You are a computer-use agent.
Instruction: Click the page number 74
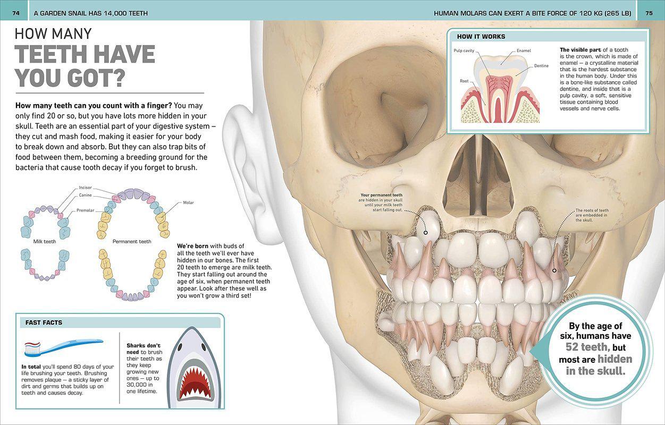pyautogui.click(x=16, y=13)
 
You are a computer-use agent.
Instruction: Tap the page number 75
pyautogui.click(x=649, y=13)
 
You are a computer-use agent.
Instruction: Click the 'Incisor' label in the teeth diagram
pyautogui.click(x=85, y=188)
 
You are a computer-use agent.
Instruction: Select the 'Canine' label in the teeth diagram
pyautogui.click(x=85, y=195)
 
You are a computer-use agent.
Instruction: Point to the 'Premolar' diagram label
pyautogui.click(x=86, y=210)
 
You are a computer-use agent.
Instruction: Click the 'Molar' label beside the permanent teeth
pyautogui.click(x=188, y=202)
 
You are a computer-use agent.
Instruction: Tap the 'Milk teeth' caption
pyautogui.click(x=45, y=242)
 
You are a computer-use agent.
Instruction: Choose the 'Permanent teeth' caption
pyautogui.click(x=132, y=242)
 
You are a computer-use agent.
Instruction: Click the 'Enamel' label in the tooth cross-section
pyautogui.click(x=524, y=51)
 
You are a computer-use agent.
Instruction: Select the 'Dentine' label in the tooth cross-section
pyautogui.click(x=542, y=65)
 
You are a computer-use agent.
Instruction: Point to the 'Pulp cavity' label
pyautogui.click(x=464, y=51)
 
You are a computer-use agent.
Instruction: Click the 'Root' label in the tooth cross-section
pyautogui.click(x=464, y=81)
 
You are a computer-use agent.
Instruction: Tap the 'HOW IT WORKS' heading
pyautogui.click(x=481, y=37)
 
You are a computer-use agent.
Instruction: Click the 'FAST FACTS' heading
pyautogui.click(x=44, y=322)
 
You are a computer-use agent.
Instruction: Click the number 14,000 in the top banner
pyautogui.click(x=111, y=13)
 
